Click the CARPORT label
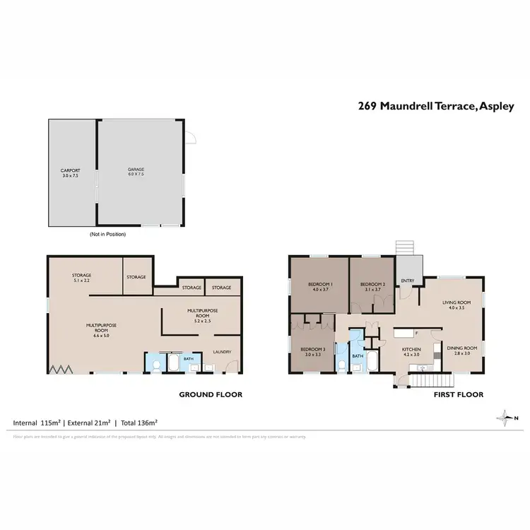pyautogui.click(x=70, y=172)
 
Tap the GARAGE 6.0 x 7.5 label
pyautogui.click(x=136, y=172)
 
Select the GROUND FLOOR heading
pyautogui.click(x=210, y=395)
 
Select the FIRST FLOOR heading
pyautogui.click(x=458, y=395)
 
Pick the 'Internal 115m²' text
pyautogui.click(x=37, y=423)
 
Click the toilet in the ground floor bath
pyautogui.click(x=156, y=365)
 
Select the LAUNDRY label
pyautogui.click(x=222, y=352)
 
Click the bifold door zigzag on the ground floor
pyautogui.click(x=59, y=369)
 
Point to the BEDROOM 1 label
pyautogui.click(x=320, y=287)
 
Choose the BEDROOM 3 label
pyautogui.click(x=312, y=351)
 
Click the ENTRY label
pyautogui.click(x=408, y=281)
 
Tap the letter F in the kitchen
pyautogui.click(x=417, y=332)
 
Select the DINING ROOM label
pyautogui.click(x=461, y=350)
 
